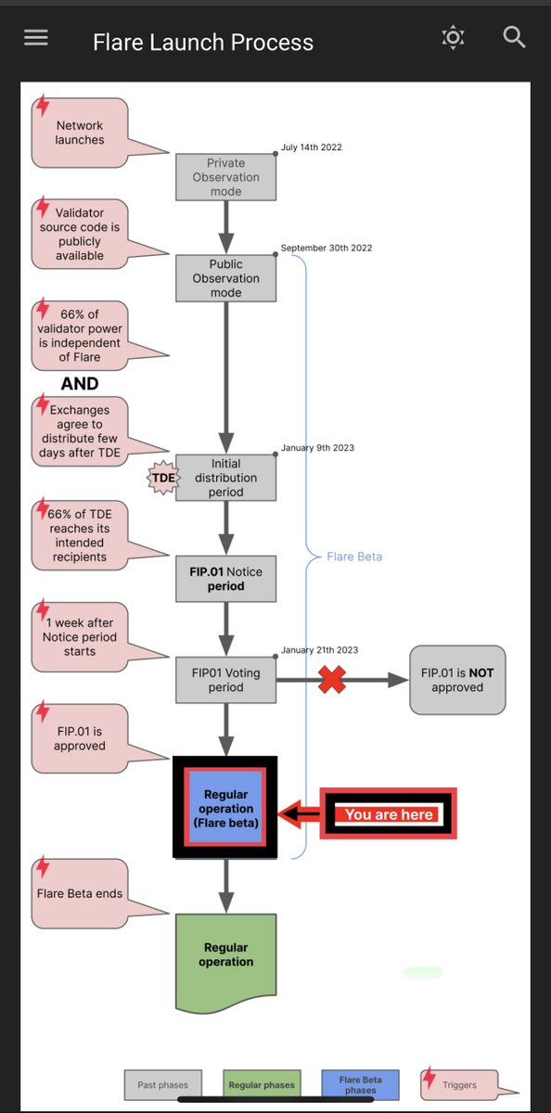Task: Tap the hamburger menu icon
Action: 36,38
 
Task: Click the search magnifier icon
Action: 514,37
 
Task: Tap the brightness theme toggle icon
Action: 453,37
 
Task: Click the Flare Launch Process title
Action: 203,43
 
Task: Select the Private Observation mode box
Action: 225,177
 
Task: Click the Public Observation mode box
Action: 225,278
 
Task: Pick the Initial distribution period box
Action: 225,478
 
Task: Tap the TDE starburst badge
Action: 163,479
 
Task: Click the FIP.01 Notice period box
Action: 225,579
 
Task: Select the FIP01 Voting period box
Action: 225,680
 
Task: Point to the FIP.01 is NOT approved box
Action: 457,680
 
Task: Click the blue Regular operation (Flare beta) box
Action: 226,806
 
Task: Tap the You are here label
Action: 389,814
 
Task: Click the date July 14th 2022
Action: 312,147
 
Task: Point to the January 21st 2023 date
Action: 319,650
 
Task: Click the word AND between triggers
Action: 80,383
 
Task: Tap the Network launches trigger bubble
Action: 81,133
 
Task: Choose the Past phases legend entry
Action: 164,1084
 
